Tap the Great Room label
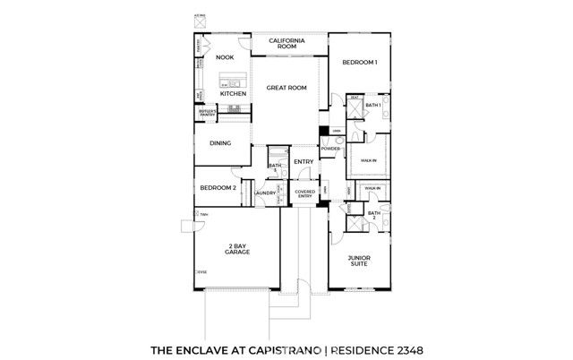click(286, 88)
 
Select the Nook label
click(224, 57)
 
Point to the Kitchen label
click(234, 93)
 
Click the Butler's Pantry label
click(208, 114)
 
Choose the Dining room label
click(220, 143)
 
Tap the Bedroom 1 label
click(360, 63)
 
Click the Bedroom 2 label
click(218, 188)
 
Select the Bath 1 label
click(373, 106)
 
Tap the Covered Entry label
click(304, 193)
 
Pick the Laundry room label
click(264, 193)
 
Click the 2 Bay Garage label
click(237, 250)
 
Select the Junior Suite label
click(360, 261)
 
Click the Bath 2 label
click(373, 215)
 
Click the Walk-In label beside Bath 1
click(368, 160)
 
